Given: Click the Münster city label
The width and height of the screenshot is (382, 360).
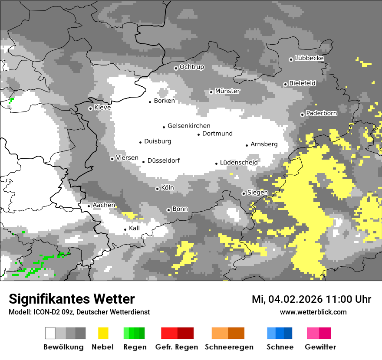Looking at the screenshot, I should (227, 91).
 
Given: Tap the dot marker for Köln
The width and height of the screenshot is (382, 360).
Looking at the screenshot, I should (158, 189).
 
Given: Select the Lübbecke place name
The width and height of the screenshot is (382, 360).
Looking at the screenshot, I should (309, 58).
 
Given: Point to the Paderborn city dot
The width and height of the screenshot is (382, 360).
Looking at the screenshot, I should (303, 115).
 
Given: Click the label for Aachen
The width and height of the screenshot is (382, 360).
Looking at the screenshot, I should (104, 205).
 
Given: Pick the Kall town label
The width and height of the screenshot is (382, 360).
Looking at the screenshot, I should (135, 228).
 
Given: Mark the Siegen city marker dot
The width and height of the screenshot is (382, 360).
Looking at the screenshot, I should (244, 193).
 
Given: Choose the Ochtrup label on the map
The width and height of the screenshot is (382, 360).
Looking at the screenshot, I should (192, 67).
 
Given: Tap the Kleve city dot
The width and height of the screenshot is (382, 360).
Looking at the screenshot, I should (90, 108).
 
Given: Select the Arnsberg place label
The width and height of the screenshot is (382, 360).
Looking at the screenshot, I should (264, 144).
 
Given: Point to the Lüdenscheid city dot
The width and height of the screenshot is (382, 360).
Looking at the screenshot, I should (217, 164).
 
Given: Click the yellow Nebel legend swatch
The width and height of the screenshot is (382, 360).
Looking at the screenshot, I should (103, 333).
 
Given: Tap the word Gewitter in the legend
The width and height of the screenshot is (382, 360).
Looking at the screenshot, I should (320, 347).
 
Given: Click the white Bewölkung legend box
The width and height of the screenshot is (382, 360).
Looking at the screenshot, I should (50, 333).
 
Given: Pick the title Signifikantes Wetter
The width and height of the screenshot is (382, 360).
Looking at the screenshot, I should (72, 299).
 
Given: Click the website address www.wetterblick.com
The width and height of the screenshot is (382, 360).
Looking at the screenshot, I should (313, 312).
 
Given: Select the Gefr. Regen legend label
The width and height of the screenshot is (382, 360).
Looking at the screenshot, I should (177, 347).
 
